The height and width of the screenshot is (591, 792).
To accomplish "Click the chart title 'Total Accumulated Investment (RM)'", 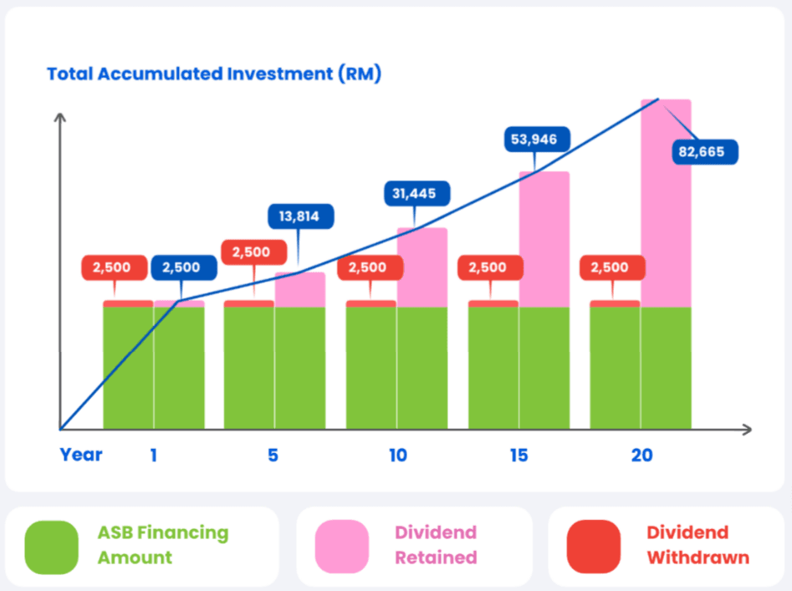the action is pyautogui.click(x=213, y=74).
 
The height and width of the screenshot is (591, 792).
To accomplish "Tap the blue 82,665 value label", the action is pyautogui.click(x=705, y=151).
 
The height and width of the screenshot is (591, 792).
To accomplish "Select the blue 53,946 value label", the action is pyautogui.click(x=537, y=139).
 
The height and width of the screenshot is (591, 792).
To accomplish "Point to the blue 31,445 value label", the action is pyautogui.click(x=416, y=193).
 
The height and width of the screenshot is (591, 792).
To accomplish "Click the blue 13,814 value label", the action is pyautogui.click(x=300, y=216).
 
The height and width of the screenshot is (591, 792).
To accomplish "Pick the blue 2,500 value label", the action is pyautogui.click(x=184, y=267).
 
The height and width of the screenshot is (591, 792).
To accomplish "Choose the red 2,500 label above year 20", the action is pyautogui.click(x=612, y=267).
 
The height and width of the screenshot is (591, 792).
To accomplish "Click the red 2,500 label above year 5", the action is pyautogui.click(x=254, y=252).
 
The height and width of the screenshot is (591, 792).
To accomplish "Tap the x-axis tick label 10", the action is pyautogui.click(x=398, y=456).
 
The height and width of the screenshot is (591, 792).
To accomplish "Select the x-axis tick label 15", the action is pyautogui.click(x=519, y=456).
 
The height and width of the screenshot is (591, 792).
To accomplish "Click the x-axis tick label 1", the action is pyautogui.click(x=154, y=456).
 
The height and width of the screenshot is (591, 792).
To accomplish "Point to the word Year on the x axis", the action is pyautogui.click(x=81, y=455).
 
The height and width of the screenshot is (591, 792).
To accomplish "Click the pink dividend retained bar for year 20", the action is pyautogui.click(x=666, y=203).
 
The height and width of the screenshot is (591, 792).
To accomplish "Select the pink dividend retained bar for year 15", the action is pyautogui.click(x=544, y=239).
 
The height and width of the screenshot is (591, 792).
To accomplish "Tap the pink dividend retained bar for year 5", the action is pyautogui.click(x=300, y=290).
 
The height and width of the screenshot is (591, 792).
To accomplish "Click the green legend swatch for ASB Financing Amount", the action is pyautogui.click(x=52, y=547).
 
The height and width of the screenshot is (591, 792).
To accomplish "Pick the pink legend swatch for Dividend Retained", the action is pyautogui.click(x=342, y=547).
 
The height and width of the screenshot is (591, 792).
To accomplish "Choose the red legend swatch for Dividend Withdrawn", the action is pyautogui.click(x=594, y=547).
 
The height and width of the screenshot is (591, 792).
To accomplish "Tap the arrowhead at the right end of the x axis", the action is pyautogui.click(x=747, y=430).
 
